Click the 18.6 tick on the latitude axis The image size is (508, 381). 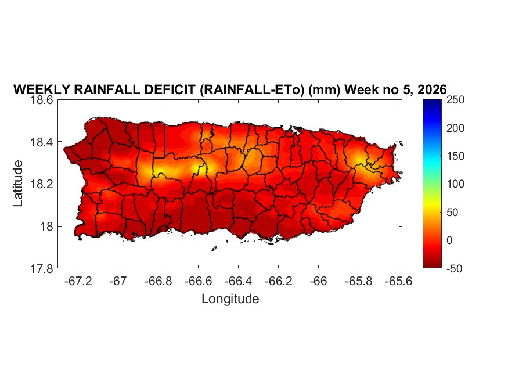click(43, 100)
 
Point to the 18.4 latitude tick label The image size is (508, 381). click(43, 142)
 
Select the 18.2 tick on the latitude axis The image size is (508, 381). click(43, 184)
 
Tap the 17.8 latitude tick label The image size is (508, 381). click(43, 268)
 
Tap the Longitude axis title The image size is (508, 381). click(230, 299)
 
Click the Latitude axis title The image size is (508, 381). click(18, 184)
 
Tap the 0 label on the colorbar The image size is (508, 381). click(452, 240)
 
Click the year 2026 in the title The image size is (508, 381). click(431, 89)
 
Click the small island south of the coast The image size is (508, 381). click(214, 249)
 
